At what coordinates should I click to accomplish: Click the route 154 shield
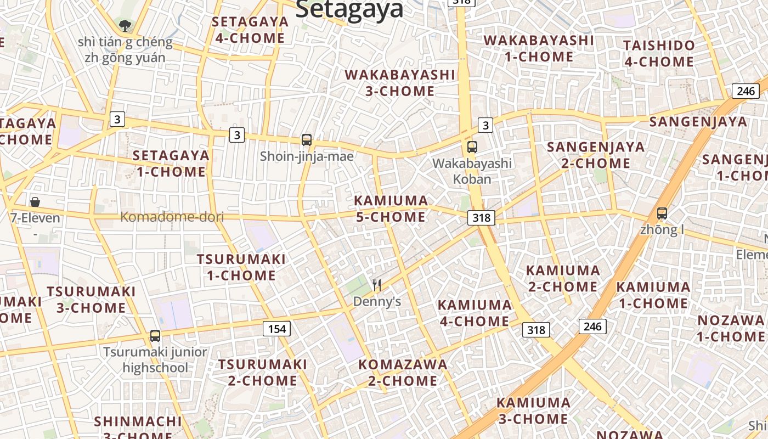(277, 329)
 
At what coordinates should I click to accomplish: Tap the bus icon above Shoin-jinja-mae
(307, 140)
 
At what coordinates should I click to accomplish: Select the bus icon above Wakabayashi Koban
(472, 147)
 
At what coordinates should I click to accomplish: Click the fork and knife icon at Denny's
(377, 285)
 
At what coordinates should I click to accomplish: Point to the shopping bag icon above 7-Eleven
(35, 202)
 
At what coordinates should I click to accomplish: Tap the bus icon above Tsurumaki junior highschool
(155, 335)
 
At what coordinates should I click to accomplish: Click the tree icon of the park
(125, 25)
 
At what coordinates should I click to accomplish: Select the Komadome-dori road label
(172, 217)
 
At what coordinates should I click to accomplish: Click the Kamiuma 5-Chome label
(391, 209)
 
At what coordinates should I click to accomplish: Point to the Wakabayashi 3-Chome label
(400, 83)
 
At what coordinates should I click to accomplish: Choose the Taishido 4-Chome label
(659, 53)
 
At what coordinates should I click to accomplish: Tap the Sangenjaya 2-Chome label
(596, 155)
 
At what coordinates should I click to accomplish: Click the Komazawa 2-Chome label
(403, 372)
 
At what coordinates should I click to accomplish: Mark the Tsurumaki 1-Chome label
(241, 267)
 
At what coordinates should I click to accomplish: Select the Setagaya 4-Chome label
(250, 30)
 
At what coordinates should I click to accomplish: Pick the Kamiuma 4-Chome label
(475, 313)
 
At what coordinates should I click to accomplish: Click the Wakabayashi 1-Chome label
(539, 48)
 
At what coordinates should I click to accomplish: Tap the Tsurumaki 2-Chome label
(263, 372)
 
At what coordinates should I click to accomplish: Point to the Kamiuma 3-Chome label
(533, 410)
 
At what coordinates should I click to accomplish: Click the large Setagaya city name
(349, 9)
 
